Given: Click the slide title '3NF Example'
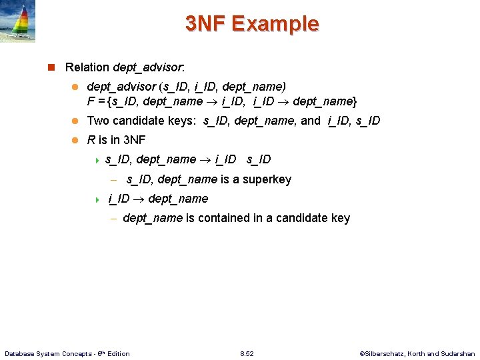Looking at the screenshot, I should pos(252,24).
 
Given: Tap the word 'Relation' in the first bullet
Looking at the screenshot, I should pos(87,67).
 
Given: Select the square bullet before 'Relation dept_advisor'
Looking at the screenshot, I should pos(51,67).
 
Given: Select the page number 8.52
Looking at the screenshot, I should pos(247,353).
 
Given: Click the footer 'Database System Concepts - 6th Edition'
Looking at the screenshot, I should pos(67,353).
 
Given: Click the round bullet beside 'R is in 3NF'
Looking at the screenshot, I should pos(75,140).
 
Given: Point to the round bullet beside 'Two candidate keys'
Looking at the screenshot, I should pos(75,121).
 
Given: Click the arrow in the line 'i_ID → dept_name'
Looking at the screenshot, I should pos(139,199).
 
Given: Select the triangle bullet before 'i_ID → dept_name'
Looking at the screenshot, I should pos(97,199).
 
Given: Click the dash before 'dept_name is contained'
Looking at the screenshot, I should pos(114,218).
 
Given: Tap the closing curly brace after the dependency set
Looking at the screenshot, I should pos(354,101).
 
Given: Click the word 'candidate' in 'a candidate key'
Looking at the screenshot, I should pos(301,218).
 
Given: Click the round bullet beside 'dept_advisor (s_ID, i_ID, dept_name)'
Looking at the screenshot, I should pos(75,87).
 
